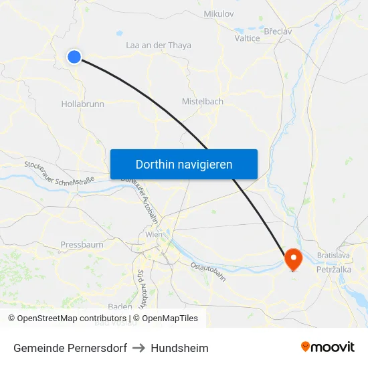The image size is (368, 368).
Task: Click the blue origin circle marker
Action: pyautogui.click(x=74, y=57)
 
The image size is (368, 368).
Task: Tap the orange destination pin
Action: pyautogui.click(x=293, y=258)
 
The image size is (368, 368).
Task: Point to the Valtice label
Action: pyautogui.click(x=247, y=39)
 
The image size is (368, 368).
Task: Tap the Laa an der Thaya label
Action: pyautogui.click(x=159, y=45)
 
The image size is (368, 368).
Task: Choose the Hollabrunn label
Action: pyautogui.click(x=82, y=104)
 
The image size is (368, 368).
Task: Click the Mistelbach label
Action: pyautogui.click(x=203, y=102)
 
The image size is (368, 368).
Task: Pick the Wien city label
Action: pyautogui.click(x=154, y=235)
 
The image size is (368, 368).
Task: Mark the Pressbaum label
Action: pyautogui.click(x=82, y=245)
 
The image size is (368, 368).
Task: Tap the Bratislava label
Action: pyautogui.click(x=335, y=256)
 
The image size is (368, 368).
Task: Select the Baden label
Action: pyautogui.click(x=120, y=306)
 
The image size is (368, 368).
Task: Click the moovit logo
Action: pyautogui.click(x=328, y=347)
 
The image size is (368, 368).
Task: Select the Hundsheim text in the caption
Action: pyautogui.click(x=179, y=348)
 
